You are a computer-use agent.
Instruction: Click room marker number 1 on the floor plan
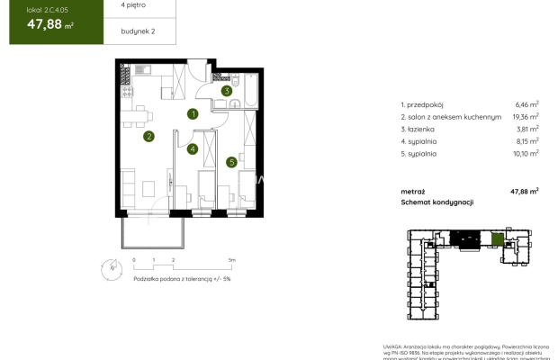coord(193,114)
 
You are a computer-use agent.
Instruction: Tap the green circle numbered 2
coord(148,137)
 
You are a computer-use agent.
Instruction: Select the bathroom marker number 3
coord(228,91)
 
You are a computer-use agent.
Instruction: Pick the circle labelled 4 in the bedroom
coord(193,149)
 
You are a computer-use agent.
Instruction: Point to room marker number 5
coord(231,162)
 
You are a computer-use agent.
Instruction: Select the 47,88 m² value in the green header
coord(44,25)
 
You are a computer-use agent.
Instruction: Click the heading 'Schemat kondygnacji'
coord(437,203)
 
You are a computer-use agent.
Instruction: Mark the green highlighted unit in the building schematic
coord(498,239)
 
